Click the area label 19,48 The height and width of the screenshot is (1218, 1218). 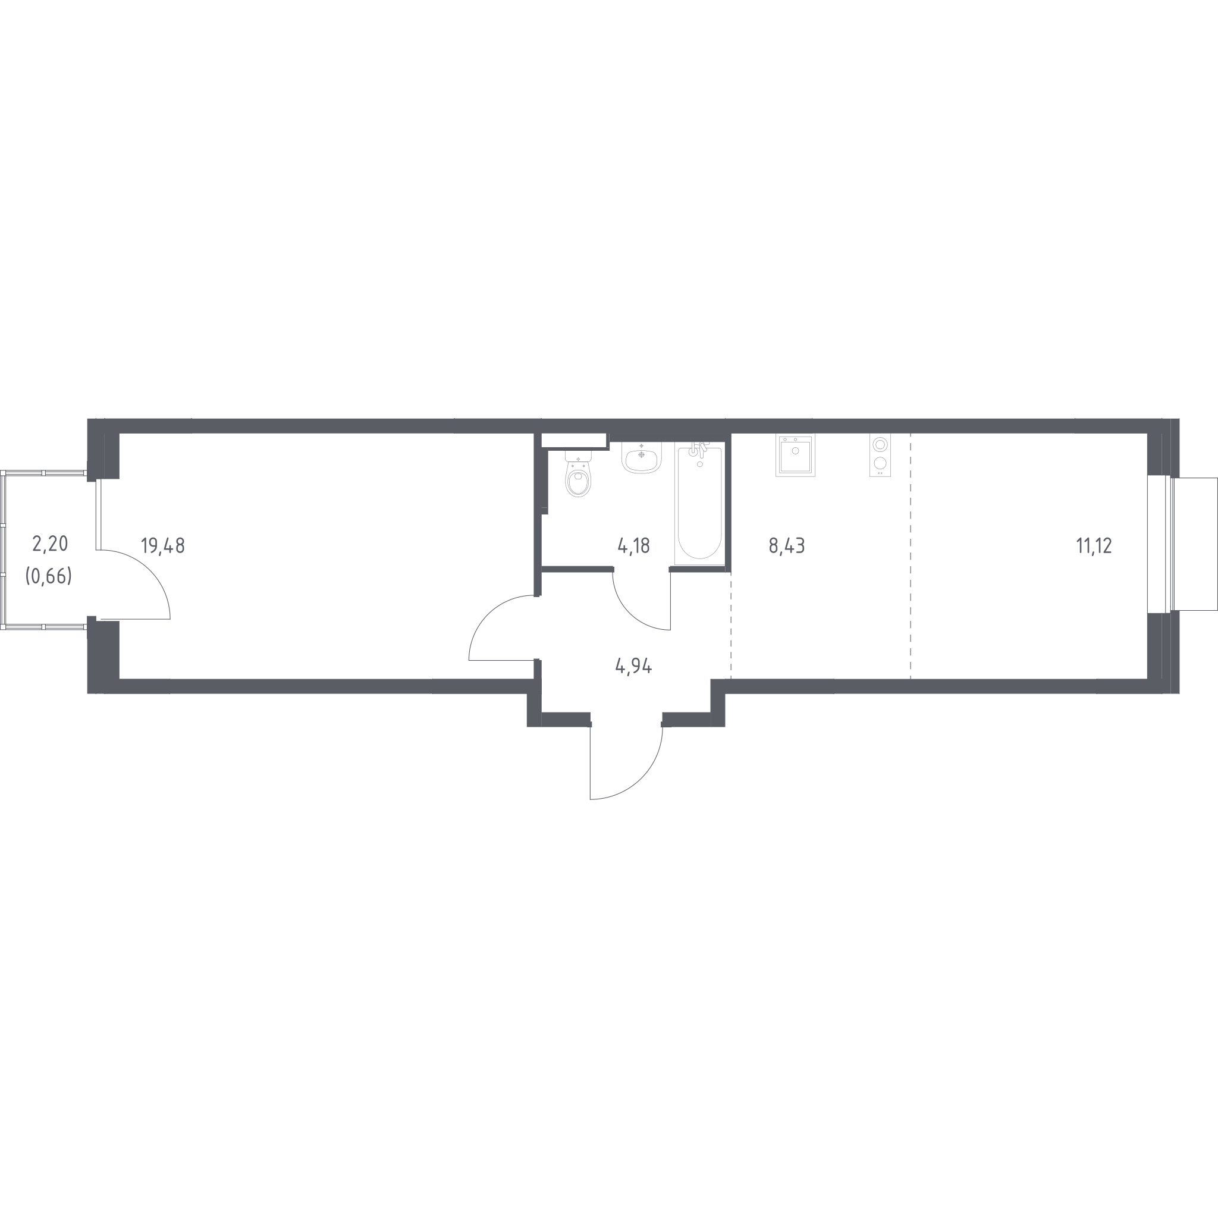(x=162, y=545)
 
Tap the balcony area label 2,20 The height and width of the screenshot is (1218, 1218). (x=50, y=544)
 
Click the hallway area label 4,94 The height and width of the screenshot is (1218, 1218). (x=633, y=665)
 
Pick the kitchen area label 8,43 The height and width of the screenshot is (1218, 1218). (x=787, y=545)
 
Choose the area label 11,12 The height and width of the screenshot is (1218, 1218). (x=1094, y=545)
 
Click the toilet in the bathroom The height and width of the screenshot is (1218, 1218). (x=578, y=474)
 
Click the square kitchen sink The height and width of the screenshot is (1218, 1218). (x=795, y=455)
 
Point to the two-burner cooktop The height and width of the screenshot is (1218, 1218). (x=880, y=455)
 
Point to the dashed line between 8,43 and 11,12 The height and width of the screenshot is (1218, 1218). (x=911, y=556)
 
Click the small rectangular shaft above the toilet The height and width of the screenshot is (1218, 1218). (x=574, y=440)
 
